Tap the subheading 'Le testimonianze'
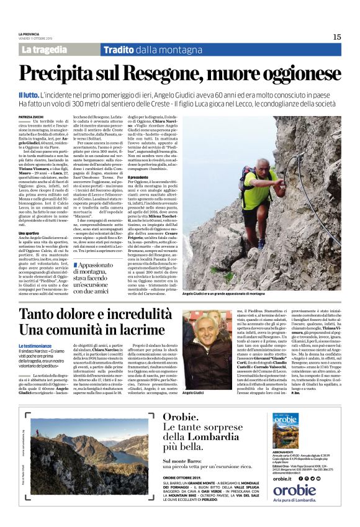[35, 345]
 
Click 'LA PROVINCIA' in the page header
[29, 34]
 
